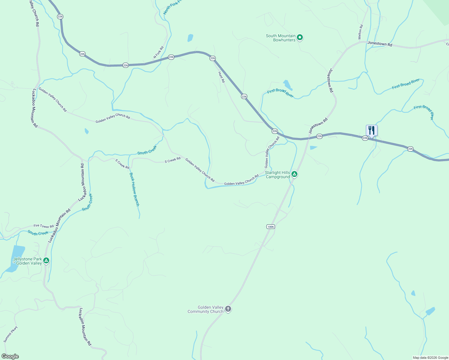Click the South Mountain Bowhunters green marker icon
tap(300, 38)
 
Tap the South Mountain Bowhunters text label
tap(281, 38)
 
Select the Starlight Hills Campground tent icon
tap(295, 174)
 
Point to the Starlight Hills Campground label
tap(278, 175)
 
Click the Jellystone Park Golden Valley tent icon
tap(46, 260)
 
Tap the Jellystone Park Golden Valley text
tap(28, 261)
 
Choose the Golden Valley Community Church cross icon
tap(228, 309)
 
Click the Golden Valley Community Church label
tap(206, 309)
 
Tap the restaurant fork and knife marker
tap(372, 130)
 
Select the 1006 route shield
tap(270, 226)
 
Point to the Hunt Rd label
tap(221, 77)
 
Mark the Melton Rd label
tap(360, 32)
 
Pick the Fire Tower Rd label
tap(44, 226)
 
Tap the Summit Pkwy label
tap(11, 334)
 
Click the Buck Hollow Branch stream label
tap(134, 189)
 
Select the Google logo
tap(10, 356)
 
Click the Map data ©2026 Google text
tap(430, 358)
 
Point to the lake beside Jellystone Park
tap(15, 258)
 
